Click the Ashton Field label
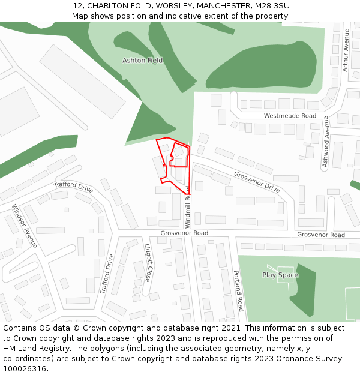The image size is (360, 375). [143, 61]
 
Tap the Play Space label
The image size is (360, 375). [280, 275]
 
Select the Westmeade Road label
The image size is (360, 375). [290, 116]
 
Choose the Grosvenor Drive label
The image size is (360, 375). [257, 182]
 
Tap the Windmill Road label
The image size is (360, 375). [188, 200]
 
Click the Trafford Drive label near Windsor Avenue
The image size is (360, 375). [74, 187]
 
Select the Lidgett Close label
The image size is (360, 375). [148, 262]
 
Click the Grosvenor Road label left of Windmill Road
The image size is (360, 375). [184, 233]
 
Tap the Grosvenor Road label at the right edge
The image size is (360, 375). [321, 235]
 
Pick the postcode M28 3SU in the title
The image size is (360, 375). [272, 6]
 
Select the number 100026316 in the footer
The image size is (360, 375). [25, 369]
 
